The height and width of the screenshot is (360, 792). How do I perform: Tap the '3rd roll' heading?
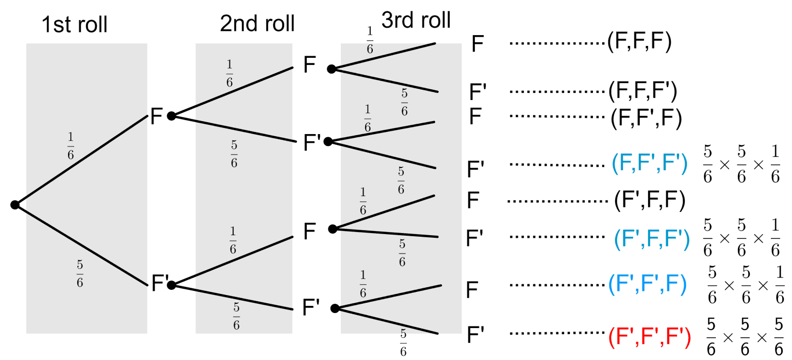416,21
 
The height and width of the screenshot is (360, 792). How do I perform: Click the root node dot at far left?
15,205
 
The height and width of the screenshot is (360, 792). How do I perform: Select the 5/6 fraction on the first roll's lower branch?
80,274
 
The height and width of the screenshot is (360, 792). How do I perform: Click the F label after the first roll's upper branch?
156,117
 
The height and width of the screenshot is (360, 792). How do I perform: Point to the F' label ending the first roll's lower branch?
160,284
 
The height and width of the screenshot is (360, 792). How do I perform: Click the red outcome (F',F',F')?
649,338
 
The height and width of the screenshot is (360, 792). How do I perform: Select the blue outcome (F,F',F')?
649,164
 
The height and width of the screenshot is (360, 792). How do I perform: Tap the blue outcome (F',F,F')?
652,238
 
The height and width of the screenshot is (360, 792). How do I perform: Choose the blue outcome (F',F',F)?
647,284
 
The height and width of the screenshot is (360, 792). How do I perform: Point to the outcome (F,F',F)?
646,118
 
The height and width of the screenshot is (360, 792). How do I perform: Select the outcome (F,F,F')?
642,91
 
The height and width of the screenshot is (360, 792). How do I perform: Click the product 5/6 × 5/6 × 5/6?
744,338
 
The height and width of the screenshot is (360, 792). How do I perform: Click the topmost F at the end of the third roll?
477,44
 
